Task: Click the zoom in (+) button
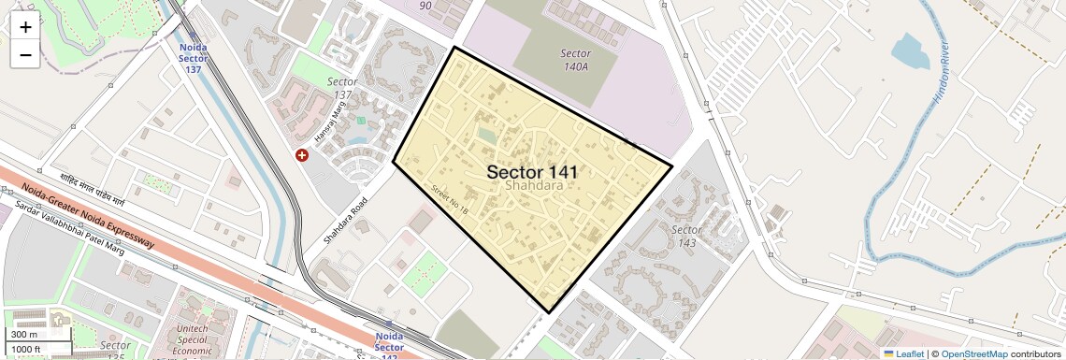point(25,26)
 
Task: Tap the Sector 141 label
point(531,172)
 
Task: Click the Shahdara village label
point(533,186)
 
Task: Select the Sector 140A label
point(575,60)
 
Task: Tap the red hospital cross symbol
point(301,155)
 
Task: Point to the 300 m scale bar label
point(24,335)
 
